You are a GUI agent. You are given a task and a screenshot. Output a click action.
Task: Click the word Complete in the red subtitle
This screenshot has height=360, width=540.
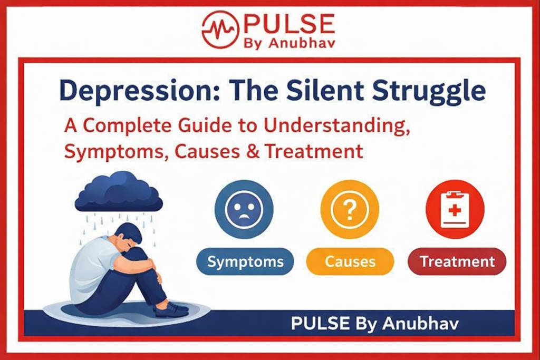pyautogui.click(x=120, y=127)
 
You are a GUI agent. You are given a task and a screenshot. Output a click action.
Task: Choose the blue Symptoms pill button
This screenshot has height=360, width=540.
pyautogui.click(x=245, y=261)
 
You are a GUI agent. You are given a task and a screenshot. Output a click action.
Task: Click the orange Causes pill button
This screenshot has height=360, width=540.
pyautogui.click(x=350, y=261)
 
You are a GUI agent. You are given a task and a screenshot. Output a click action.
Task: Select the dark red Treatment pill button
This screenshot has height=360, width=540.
pyautogui.click(x=457, y=261)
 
